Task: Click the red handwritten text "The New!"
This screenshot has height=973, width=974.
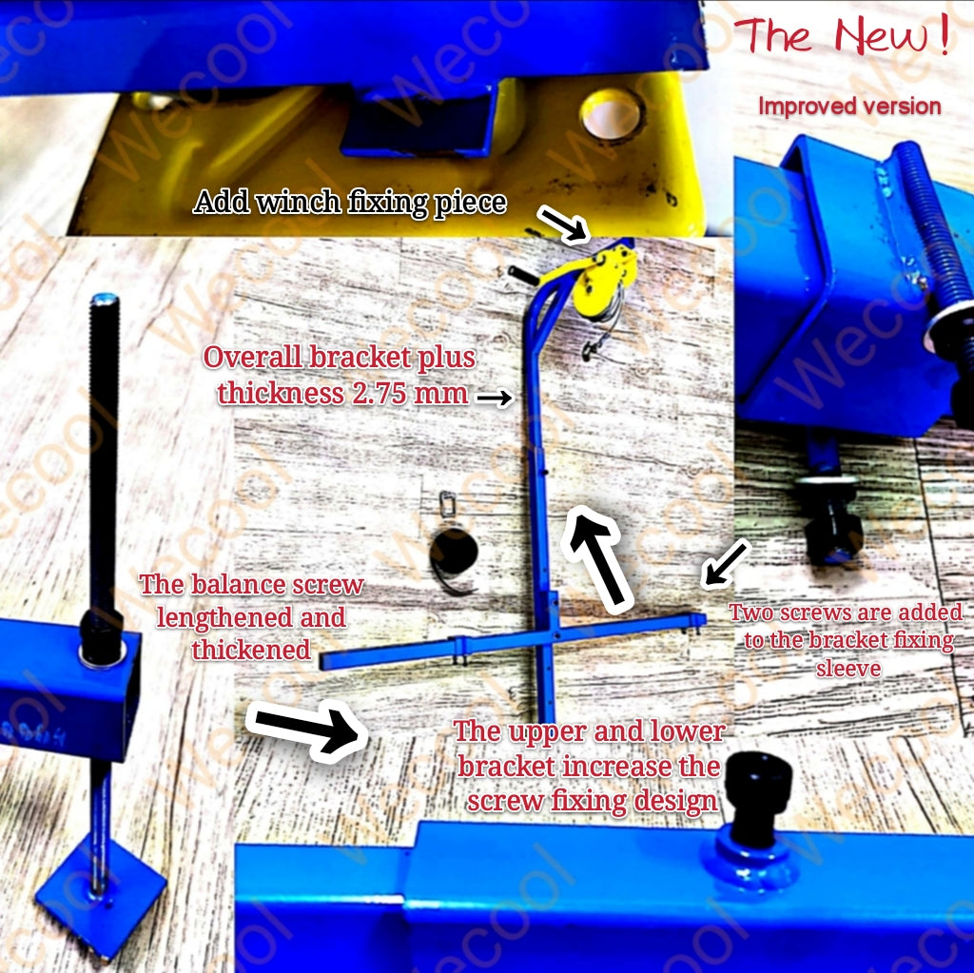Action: (x=842, y=35)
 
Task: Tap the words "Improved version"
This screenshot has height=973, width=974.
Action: (x=849, y=106)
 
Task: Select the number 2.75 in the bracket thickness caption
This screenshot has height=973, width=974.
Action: (x=382, y=393)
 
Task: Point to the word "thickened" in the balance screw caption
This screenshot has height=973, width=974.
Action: (x=251, y=650)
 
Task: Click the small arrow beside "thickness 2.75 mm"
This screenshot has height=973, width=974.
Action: (x=495, y=397)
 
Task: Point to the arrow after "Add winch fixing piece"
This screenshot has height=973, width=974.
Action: (x=563, y=224)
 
